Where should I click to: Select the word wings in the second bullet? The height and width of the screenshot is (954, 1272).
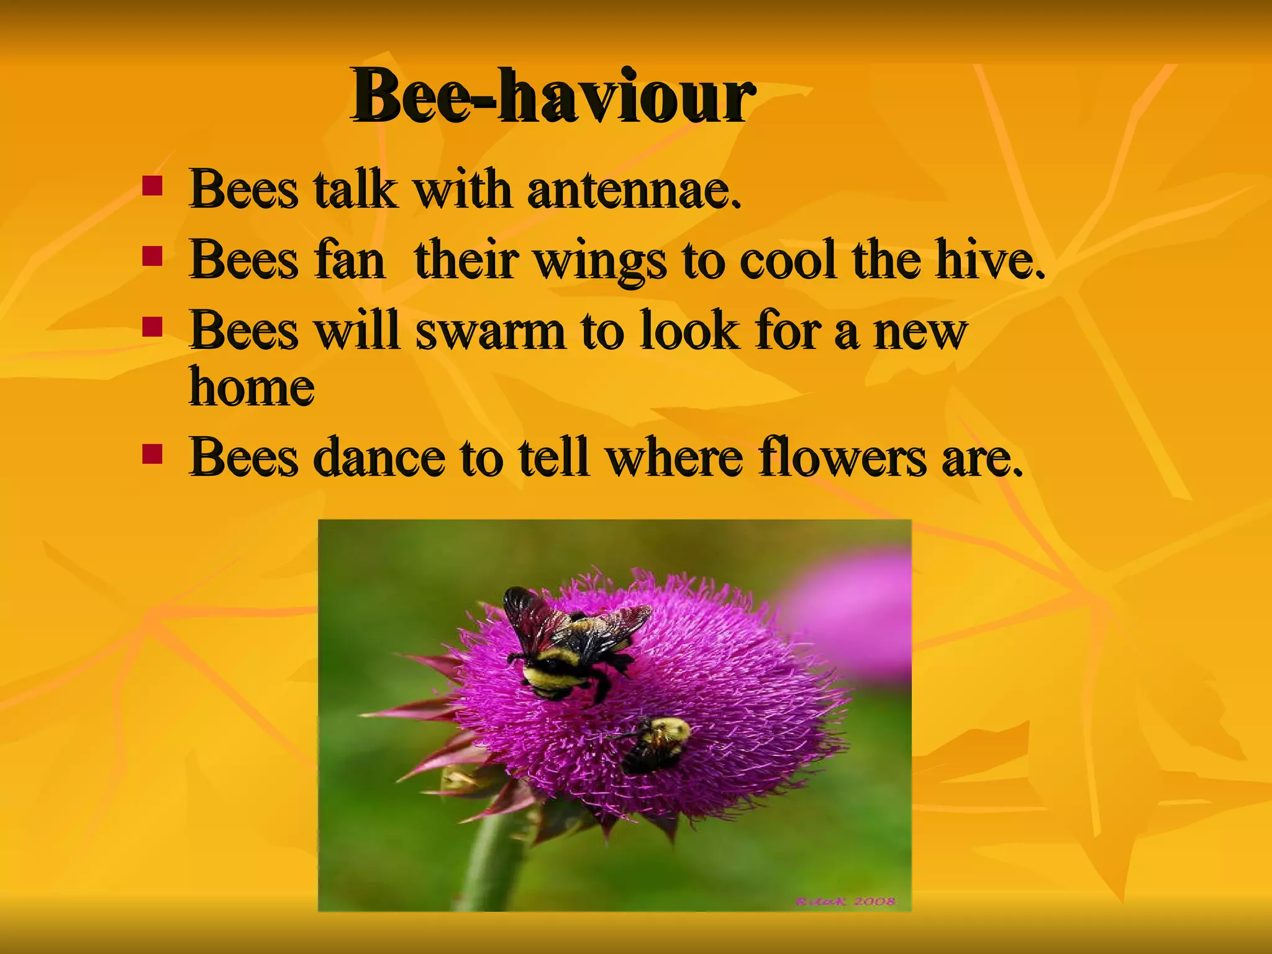(600, 261)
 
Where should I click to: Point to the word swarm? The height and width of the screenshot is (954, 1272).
(490, 330)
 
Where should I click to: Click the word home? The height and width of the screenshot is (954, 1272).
(252, 388)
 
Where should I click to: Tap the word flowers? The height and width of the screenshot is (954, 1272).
(842, 458)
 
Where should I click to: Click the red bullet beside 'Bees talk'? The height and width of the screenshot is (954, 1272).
(152, 185)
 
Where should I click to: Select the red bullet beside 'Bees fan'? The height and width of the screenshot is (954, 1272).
(152, 256)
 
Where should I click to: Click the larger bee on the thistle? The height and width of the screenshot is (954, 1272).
(571, 646)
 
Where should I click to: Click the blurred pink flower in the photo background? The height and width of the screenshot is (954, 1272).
(857, 615)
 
